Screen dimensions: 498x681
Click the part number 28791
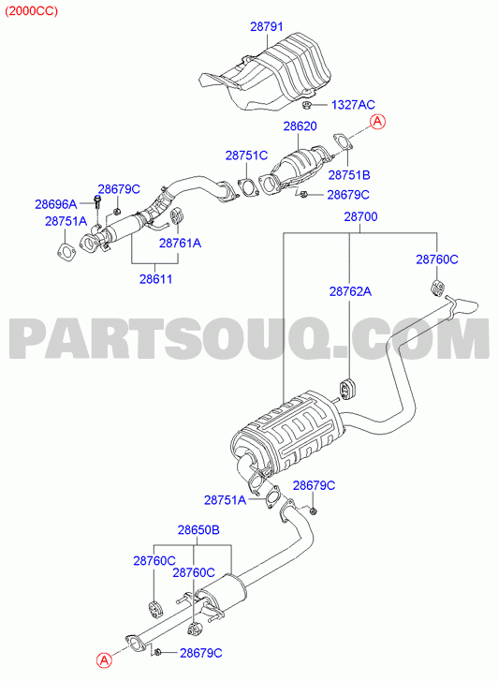267,27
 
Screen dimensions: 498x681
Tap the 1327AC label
353,105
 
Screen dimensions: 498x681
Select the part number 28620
300,126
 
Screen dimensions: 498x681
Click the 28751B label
349,175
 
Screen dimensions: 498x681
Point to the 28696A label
56,203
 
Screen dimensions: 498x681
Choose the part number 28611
156,279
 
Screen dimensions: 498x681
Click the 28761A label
180,244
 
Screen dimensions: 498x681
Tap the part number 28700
360,216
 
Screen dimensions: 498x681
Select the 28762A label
350,291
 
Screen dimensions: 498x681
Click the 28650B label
198,530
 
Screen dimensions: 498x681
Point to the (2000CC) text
31,11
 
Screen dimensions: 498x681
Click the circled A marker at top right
378,122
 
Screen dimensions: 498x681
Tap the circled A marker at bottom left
104,661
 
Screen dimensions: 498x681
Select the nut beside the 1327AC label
306,105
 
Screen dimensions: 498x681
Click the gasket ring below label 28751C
247,187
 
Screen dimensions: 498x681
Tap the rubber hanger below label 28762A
346,388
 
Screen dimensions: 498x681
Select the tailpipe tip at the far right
464,305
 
